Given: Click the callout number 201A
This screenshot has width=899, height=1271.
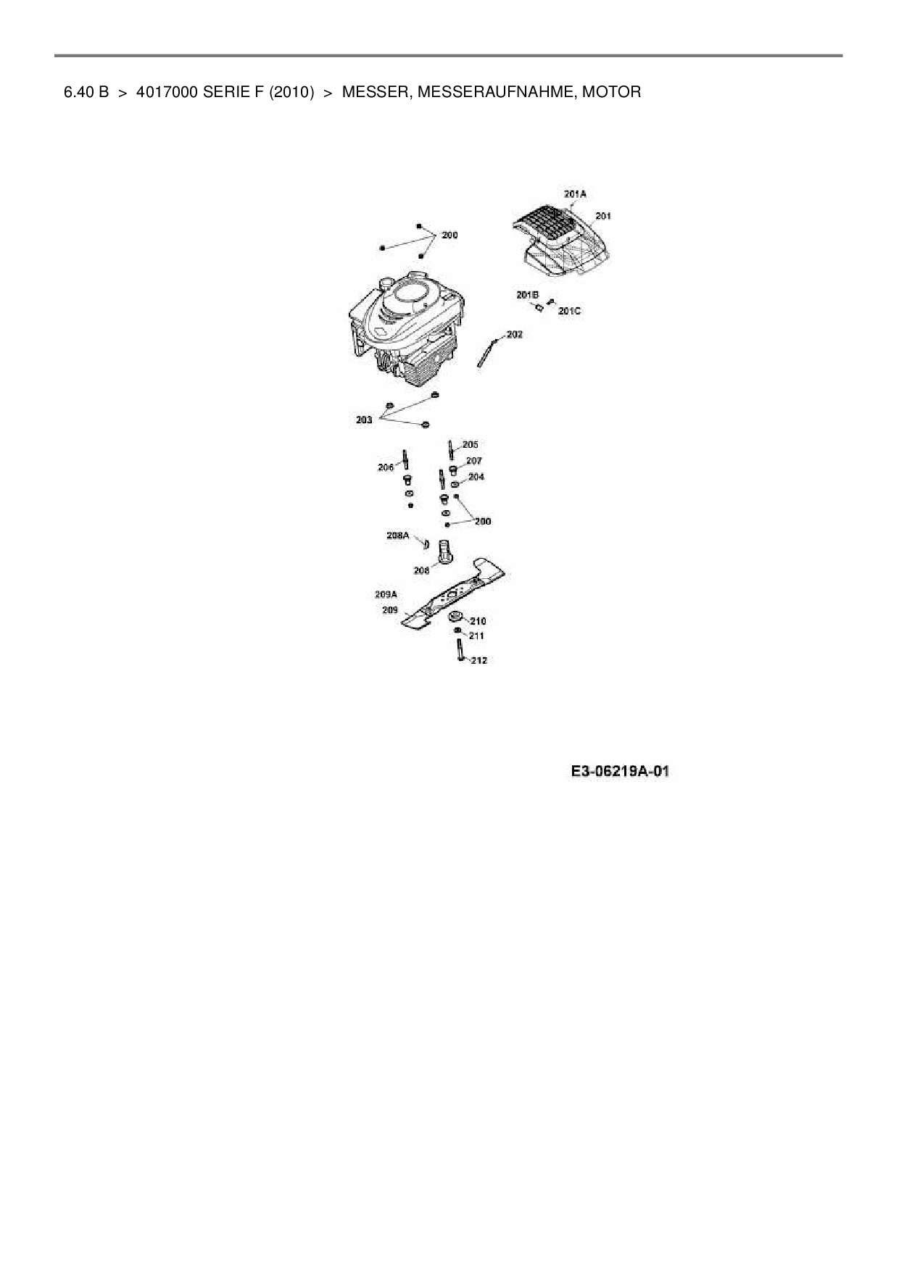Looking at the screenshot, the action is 574,194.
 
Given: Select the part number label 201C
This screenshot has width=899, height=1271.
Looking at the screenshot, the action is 569,311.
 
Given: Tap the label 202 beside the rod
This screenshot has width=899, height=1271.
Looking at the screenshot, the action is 514,335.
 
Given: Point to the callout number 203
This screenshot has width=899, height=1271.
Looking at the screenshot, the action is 364,420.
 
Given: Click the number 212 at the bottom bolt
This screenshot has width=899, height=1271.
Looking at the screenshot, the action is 478,660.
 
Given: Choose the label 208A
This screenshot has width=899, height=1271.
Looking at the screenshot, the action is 397,536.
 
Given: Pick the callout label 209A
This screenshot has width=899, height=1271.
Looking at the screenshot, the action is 386,594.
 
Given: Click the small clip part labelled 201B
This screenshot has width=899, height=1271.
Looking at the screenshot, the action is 539,308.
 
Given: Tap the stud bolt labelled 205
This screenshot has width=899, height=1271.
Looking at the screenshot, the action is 451,450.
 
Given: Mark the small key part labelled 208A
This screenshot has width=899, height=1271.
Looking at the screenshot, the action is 426,543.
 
